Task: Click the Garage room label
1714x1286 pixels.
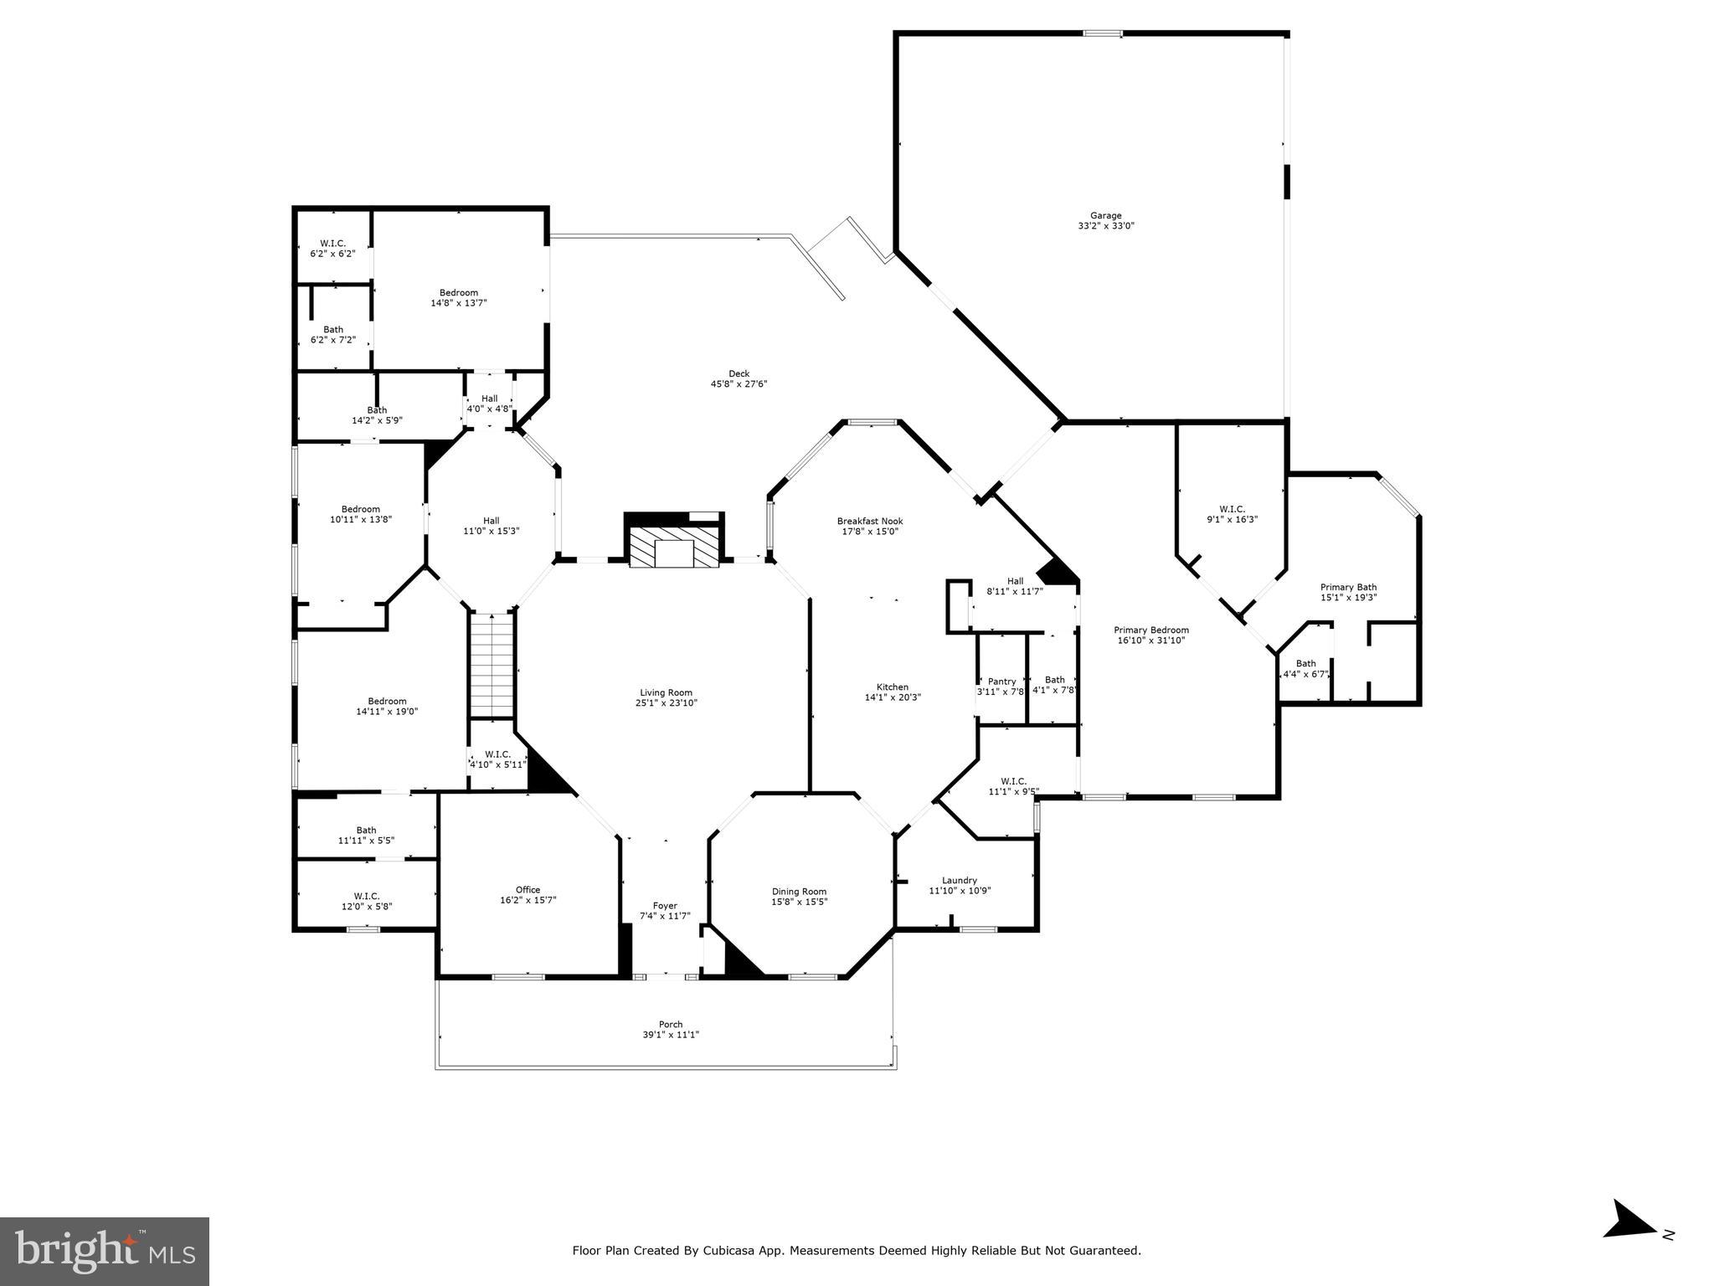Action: click(x=1105, y=215)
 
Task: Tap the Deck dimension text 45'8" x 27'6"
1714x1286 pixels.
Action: click(x=739, y=384)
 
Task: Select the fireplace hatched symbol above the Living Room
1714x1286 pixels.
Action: click(x=674, y=547)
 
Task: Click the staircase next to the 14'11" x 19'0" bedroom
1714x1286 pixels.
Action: click(x=491, y=666)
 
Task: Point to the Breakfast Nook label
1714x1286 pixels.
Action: click(x=870, y=521)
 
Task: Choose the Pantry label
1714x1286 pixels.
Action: click(x=1001, y=682)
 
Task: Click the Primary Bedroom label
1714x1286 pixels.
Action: click(x=1150, y=630)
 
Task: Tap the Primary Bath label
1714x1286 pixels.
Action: click(x=1348, y=587)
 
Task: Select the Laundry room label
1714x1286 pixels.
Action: click(x=959, y=880)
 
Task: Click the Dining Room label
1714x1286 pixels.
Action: click(x=799, y=891)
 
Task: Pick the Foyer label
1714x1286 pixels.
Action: click(x=665, y=905)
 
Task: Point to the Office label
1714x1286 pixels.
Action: click(x=528, y=889)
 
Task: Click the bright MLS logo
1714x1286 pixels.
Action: click(x=105, y=1252)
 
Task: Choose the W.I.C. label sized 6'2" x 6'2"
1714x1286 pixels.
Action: click(x=332, y=243)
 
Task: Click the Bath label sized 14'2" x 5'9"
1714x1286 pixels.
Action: click(x=377, y=410)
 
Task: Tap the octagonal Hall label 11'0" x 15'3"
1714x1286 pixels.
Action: click(x=491, y=520)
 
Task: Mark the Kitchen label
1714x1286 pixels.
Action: click(x=893, y=687)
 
